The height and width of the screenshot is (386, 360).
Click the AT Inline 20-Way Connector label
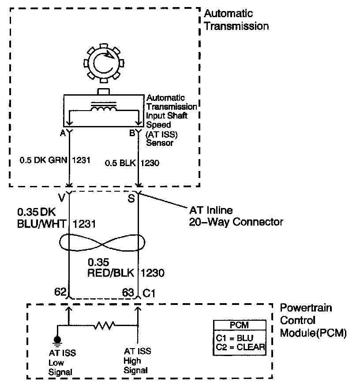(x=236, y=215)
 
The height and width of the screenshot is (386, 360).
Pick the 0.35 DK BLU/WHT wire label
(x=42, y=217)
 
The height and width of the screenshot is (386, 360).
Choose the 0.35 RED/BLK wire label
(x=112, y=267)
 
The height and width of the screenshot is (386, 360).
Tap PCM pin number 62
(x=60, y=291)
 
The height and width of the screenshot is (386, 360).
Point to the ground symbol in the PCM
(x=57, y=340)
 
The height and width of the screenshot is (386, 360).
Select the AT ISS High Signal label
(x=137, y=360)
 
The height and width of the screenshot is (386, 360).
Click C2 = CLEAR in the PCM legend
(x=240, y=347)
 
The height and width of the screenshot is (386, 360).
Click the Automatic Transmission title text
(x=236, y=20)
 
